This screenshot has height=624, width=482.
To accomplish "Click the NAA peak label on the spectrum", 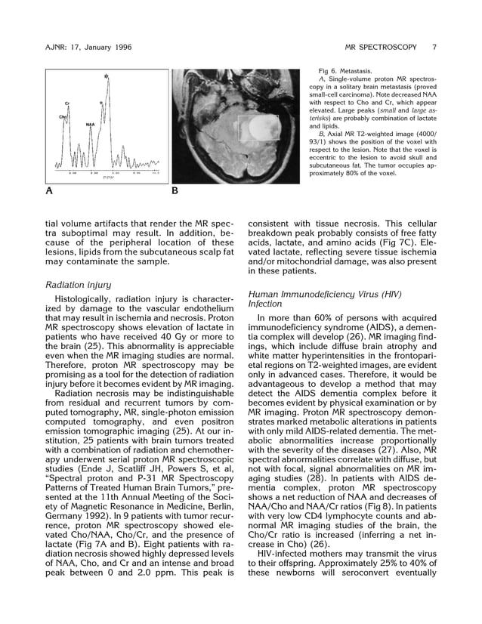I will (90, 124).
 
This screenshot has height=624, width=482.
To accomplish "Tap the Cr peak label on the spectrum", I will (66, 103).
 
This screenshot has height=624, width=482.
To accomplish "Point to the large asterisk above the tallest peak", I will (106, 76).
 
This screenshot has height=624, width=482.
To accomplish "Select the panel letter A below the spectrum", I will (49, 191).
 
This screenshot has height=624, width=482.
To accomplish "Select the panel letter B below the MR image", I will (175, 191).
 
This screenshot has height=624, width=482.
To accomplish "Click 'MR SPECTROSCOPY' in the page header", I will (381, 47).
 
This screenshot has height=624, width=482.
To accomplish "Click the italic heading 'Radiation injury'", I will (79, 285).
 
